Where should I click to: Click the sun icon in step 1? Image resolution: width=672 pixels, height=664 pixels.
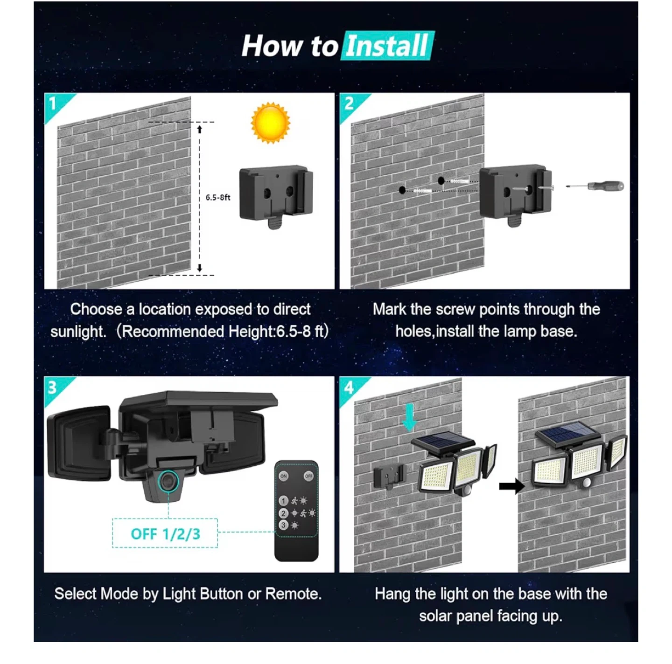tap(270, 122)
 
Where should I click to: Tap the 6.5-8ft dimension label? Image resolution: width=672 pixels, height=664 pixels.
tap(217, 197)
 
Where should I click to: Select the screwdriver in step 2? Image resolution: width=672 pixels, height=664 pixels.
tap(595, 186)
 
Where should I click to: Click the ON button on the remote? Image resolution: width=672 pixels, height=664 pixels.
tap(284, 476)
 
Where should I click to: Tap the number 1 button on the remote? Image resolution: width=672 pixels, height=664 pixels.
tap(283, 501)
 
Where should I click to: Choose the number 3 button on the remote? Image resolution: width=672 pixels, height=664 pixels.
tap(283, 525)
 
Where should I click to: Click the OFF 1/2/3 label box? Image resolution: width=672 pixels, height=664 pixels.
tap(165, 533)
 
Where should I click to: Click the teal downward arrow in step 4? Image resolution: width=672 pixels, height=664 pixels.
tap(409, 417)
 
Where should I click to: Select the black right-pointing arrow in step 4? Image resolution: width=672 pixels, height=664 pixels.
tap(511, 486)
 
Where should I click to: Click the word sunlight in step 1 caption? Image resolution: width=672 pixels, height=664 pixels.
tap(78, 331)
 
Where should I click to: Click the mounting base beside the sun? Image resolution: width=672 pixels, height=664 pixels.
tap(275, 196)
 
